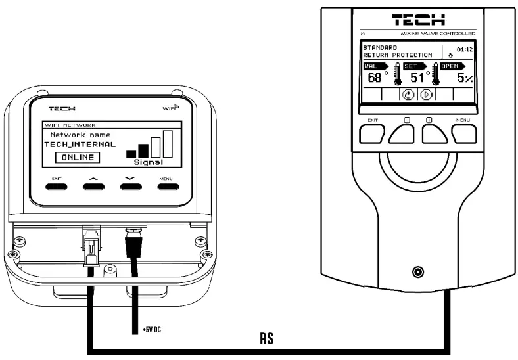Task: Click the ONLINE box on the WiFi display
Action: pyautogui.click(x=78, y=158)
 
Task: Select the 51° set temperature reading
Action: pyautogui.click(x=419, y=78)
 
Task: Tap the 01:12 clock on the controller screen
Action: pyautogui.click(x=464, y=48)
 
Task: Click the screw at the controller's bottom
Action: pyautogui.click(x=418, y=271)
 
